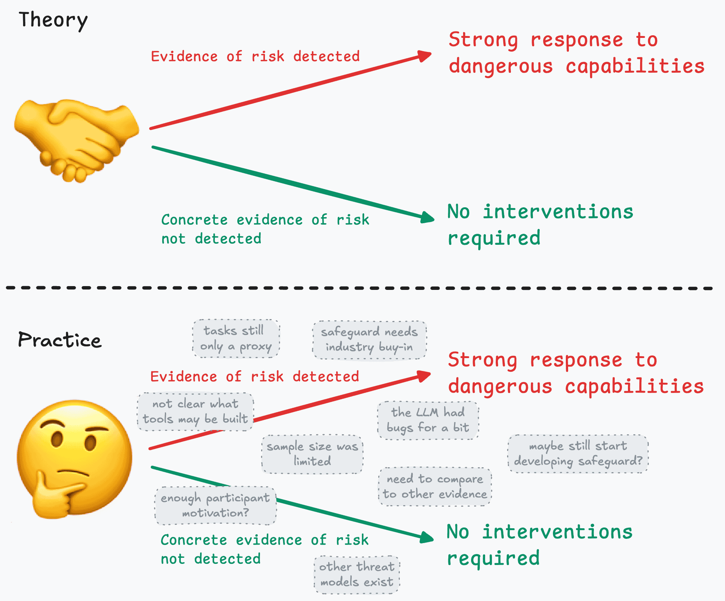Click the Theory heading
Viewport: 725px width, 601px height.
tap(53, 20)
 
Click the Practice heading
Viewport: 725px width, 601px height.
tap(60, 340)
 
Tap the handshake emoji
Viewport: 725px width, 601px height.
tap(76, 140)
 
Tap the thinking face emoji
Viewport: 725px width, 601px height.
tap(75, 459)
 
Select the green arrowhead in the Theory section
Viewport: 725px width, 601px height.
tap(427, 217)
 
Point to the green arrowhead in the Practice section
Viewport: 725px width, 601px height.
tap(427, 537)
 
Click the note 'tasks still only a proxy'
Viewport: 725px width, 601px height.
tap(236, 338)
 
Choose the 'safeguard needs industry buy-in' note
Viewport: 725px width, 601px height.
tap(369, 340)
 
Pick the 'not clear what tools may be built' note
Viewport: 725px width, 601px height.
tap(195, 412)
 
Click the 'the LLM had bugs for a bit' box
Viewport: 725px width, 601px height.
tap(428, 420)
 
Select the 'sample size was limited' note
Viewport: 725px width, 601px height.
tap(312, 454)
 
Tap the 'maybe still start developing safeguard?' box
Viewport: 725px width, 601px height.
tap(578, 454)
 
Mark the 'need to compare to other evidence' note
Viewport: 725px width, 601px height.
tap(435, 487)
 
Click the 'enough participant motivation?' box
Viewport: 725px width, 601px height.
tap(215, 506)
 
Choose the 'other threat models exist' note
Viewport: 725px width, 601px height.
tap(357, 574)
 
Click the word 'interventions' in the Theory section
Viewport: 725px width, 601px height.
tap(557, 211)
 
